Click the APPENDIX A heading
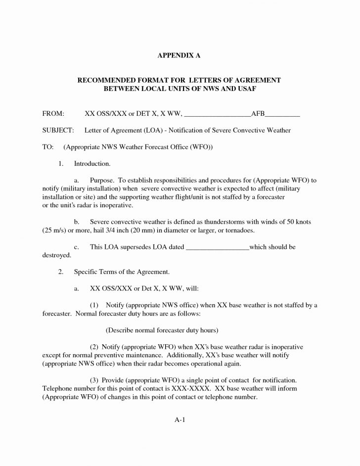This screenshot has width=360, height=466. [x=180, y=56]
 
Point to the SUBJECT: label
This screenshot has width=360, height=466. [x=58, y=130]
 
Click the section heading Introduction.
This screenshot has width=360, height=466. [x=92, y=163]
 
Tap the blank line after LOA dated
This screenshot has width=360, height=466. [x=218, y=247]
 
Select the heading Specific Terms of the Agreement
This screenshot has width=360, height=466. [x=122, y=272]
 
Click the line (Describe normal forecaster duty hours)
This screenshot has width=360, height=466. [x=162, y=329]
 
